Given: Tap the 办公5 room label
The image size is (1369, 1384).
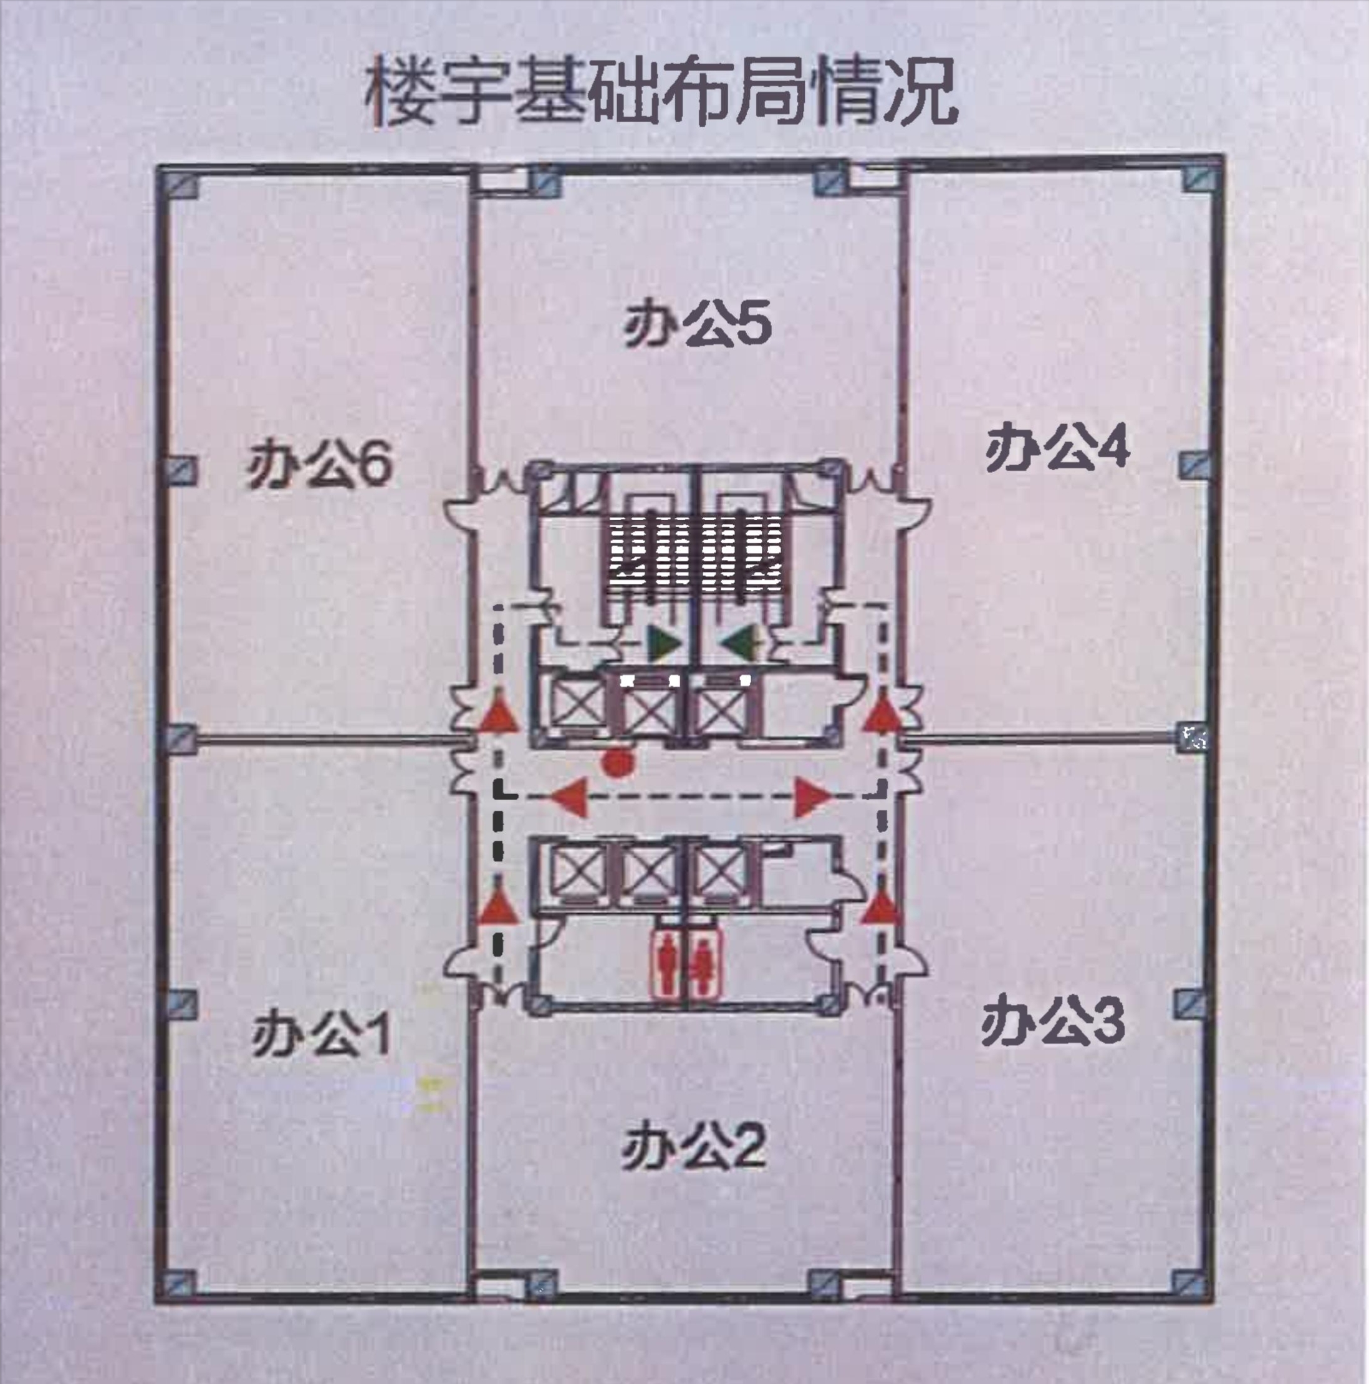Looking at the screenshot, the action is click(x=697, y=326).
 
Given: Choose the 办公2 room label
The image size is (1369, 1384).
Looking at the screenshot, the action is click(x=693, y=1147).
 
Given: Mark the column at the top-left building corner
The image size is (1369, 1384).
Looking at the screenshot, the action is click(x=183, y=185).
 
